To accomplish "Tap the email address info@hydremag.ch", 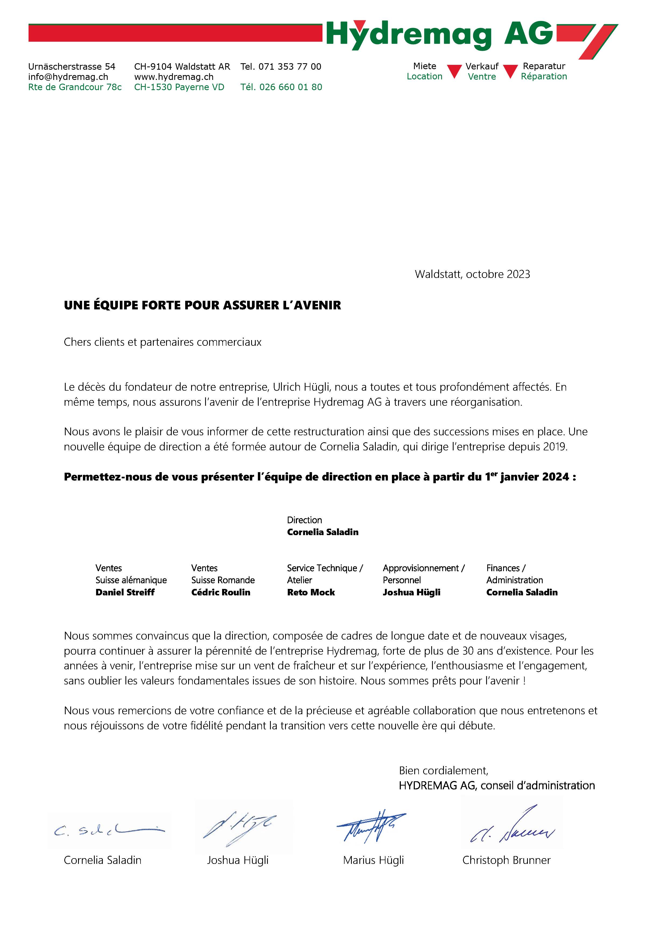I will point(68,77).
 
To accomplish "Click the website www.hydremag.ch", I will point(174,77).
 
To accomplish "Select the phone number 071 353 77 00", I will point(290,66).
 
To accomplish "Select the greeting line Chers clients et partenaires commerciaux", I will point(163,342).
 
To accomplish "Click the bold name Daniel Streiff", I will point(125,592).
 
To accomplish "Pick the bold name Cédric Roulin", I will point(221,592).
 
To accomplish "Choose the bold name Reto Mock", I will point(311,592).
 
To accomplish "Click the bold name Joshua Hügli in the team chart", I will point(411,592).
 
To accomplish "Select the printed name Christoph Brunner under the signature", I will point(506,860).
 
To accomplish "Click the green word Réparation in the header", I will point(544,76).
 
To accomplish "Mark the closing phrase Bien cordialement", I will point(444,771).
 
